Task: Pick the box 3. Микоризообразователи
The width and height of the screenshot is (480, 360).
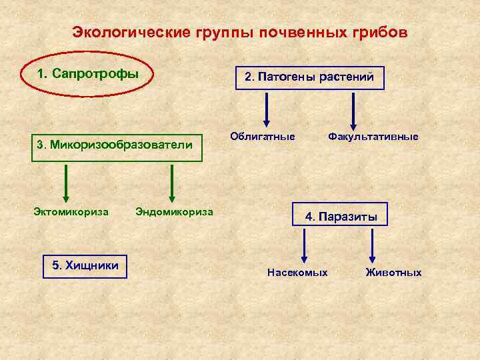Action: click(x=119, y=144)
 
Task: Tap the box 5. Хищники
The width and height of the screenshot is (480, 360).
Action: click(x=85, y=266)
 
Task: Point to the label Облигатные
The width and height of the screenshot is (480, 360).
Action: click(x=262, y=137)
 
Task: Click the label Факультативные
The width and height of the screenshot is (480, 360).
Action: click(x=373, y=137)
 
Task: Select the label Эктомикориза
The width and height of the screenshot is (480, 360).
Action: click(x=71, y=212)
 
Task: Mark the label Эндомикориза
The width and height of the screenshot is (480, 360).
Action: click(x=174, y=212)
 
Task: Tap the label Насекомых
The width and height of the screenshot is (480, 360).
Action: click(x=297, y=273)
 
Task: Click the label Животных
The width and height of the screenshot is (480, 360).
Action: click(x=393, y=273)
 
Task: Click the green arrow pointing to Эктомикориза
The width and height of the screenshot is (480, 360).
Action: click(x=66, y=183)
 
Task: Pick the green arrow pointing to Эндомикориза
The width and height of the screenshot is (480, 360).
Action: click(x=172, y=183)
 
